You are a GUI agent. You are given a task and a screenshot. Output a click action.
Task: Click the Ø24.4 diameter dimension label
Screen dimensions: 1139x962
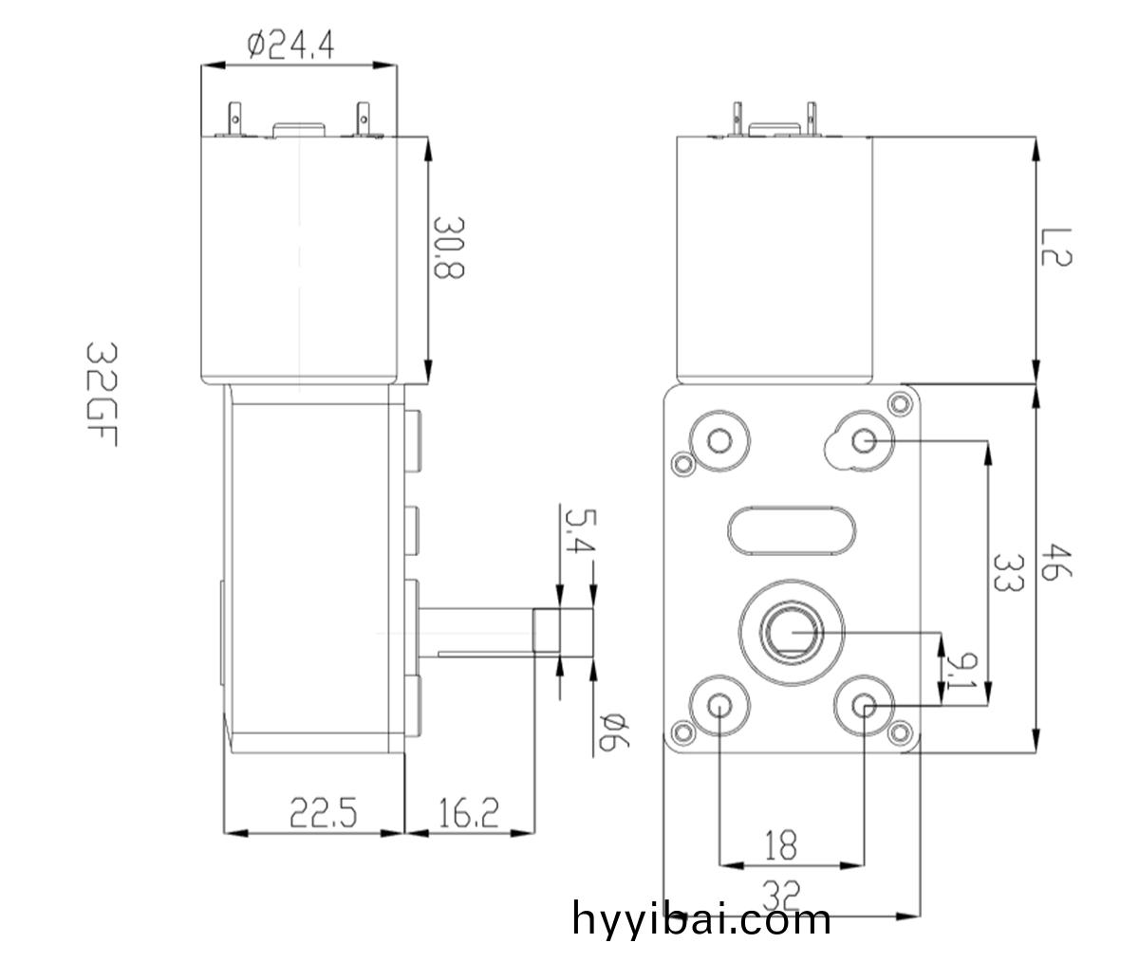(x=290, y=46)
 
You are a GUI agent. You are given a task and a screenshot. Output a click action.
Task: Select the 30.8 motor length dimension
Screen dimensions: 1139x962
(x=448, y=248)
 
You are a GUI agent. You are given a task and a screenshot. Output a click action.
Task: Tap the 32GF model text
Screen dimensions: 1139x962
(x=102, y=394)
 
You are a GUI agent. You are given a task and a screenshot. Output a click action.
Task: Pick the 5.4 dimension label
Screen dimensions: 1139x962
(x=580, y=530)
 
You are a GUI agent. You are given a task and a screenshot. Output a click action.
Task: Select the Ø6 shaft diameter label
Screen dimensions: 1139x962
(x=614, y=731)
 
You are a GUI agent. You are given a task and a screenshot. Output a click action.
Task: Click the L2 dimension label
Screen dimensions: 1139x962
(x=1056, y=247)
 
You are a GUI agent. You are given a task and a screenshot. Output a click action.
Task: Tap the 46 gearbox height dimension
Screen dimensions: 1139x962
(x=1056, y=562)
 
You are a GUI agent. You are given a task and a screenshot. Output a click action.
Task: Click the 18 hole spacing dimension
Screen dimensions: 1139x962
(x=781, y=845)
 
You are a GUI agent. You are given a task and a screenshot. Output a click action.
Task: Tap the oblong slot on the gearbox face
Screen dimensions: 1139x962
(x=792, y=530)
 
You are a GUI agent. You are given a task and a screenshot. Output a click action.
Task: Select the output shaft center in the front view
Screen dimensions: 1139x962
(x=792, y=633)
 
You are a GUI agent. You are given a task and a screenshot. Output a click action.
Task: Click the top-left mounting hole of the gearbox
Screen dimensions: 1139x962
(x=719, y=440)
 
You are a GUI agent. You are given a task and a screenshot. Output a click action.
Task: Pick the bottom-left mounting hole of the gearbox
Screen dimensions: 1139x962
(x=719, y=706)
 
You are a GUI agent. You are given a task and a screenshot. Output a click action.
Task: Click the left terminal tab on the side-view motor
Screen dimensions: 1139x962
(x=235, y=119)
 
